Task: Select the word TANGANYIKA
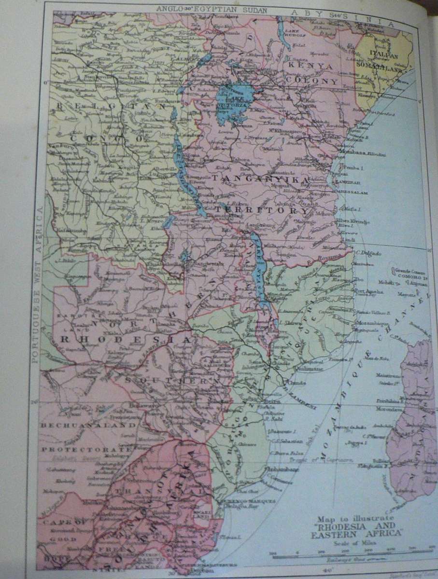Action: (260, 179)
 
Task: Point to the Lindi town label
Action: (344, 240)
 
